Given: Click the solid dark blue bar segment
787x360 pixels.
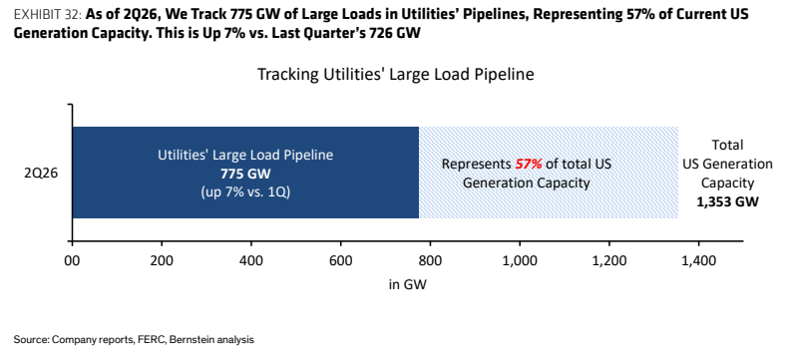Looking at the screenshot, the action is (x=246, y=173).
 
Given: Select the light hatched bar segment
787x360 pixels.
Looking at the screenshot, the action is (x=549, y=173).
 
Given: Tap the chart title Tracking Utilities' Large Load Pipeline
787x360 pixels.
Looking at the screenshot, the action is (x=396, y=75).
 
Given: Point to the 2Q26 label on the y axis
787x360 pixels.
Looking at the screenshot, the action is (x=42, y=174).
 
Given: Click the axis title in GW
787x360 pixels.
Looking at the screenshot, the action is (x=408, y=284).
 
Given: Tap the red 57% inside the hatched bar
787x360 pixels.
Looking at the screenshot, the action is (x=529, y=165).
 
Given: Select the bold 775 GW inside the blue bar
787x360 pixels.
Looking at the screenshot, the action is (x=245, y=174).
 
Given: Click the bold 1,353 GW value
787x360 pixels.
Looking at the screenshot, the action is (x=728, y=201).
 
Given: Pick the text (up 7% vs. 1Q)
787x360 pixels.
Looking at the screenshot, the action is (x=245, y=192).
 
